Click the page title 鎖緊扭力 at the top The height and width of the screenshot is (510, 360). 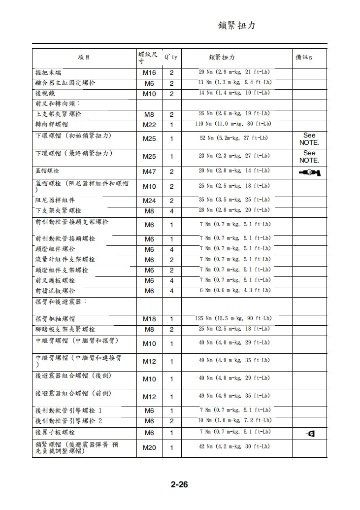[236, 26]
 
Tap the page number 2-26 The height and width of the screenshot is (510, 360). [179, 484]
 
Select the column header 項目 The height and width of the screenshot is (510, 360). [84, 58]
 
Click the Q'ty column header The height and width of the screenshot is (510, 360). [171, 58]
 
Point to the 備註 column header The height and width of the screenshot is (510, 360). [303, 58]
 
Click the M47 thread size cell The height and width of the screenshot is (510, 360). [149, 172]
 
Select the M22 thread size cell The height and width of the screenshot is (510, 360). [149, 125]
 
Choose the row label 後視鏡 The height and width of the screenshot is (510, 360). [45, 93]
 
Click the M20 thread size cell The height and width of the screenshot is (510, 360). [149, 448]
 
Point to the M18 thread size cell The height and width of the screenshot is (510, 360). [149, 319]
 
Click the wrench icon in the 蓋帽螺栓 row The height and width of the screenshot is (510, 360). [309, 172]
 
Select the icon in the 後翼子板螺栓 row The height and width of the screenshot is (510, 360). [310, 434]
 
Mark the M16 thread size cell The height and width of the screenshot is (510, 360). [149, 73]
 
